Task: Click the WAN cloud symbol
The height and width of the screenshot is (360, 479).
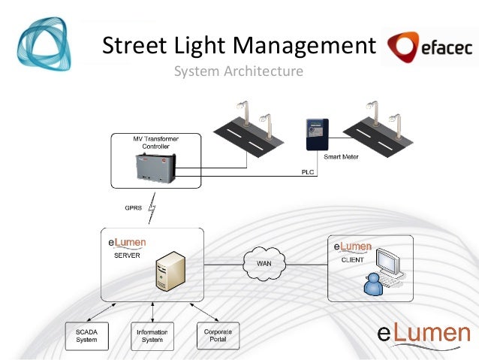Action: (x=264, y=263)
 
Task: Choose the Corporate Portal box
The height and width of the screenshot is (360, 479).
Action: (x=217, y=335)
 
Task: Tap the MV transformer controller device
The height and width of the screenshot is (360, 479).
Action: (x=157, y=169)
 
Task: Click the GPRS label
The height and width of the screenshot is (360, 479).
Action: (x=134, y=207)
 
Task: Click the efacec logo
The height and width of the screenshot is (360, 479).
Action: (x=426, y=47)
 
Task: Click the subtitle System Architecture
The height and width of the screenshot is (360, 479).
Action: (x=239, y=72)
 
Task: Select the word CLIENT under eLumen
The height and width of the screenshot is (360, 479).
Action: (x=352, y=259)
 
